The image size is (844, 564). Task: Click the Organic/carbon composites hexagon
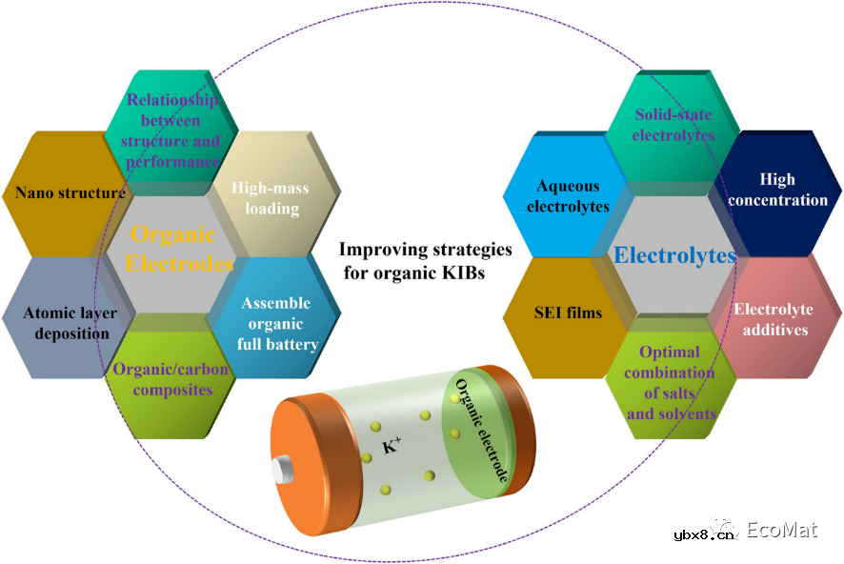tap(171, 378)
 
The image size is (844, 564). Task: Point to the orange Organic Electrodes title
tap(172, 249)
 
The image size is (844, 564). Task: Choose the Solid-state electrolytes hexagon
tap(674, 125)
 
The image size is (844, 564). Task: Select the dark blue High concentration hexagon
tap(778, 190)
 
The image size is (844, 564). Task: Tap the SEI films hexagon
tap(565, 312)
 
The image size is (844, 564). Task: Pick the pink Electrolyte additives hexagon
tap(773, 319)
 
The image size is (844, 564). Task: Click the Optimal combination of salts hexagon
tap(670, 382)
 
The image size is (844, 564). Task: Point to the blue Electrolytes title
tap(674, 254)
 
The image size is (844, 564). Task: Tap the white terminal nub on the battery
tap(283, 470)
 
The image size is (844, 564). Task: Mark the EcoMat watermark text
tap(781, 530)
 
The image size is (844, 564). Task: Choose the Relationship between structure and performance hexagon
tap(171, 131)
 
